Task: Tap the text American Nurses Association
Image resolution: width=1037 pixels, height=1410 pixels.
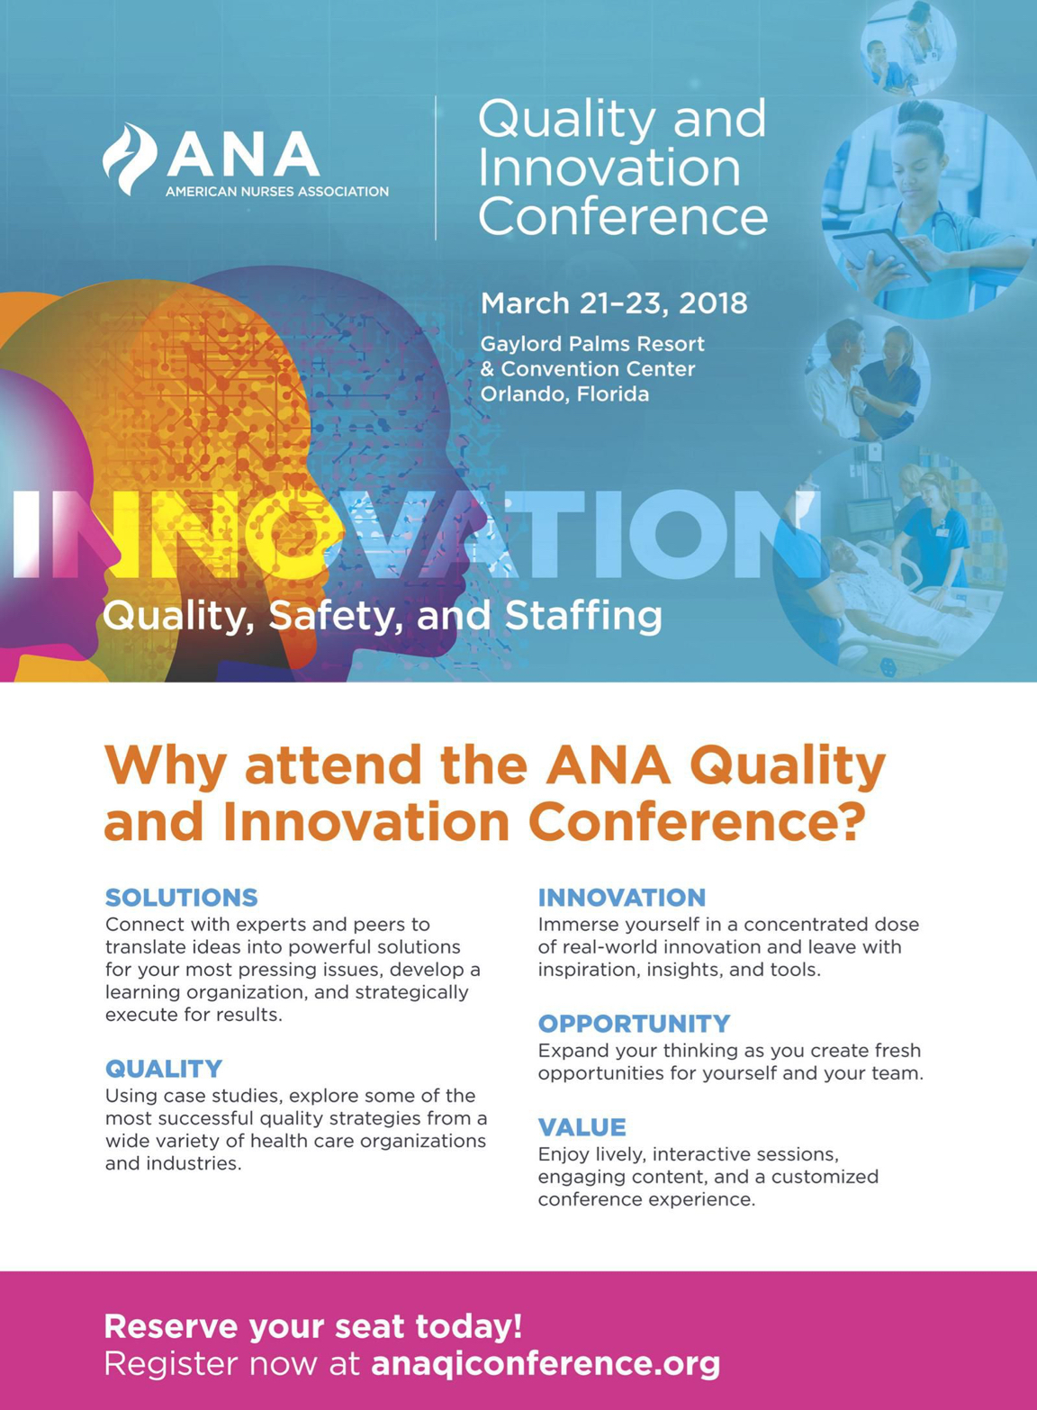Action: click(x=277, y=192)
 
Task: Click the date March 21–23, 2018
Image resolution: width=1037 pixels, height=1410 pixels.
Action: click(x=614, y=303)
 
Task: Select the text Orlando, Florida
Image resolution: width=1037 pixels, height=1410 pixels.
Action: click(x=564, y=394)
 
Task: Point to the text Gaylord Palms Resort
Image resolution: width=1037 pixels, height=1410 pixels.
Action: click(x=592, y=344)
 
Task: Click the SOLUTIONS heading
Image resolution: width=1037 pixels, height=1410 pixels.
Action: click(x=181, y=897)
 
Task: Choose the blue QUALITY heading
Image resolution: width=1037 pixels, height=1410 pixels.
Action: click(x=164, y=1068)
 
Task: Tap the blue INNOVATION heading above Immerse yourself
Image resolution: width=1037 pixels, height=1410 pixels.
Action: click(x=622, y=897)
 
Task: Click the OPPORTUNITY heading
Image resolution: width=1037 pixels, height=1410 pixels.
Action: click(x=634, y=1024)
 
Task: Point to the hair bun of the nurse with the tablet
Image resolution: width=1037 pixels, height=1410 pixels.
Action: click(x=920, y=114)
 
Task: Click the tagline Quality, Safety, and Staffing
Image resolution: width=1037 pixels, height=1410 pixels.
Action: click(x=382, y=616)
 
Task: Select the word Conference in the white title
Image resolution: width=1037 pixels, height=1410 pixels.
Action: click(x=623, y=216)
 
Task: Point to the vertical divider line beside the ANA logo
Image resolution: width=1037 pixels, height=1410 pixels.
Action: click(x=436, y=168)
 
